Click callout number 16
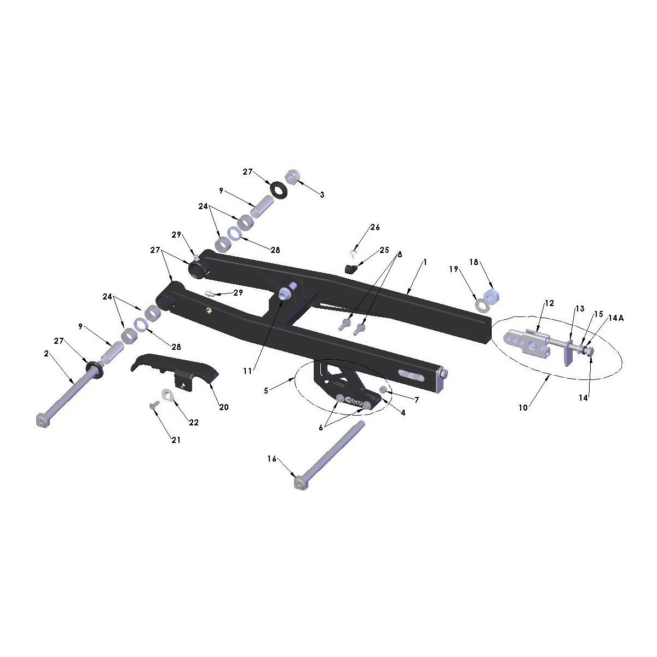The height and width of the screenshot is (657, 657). (272, 459)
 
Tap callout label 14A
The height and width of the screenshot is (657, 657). (616, 318)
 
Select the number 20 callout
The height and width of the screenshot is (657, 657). (224, 407)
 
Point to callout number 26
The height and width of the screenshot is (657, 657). (375, 227)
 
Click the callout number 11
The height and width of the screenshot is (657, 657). (247, 371)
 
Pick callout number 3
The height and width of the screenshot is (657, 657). (322, 195)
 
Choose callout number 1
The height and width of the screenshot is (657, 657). (425, 262)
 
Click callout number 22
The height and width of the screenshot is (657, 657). (194, 423)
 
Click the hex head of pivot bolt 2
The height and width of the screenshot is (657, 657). (43, 420)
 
